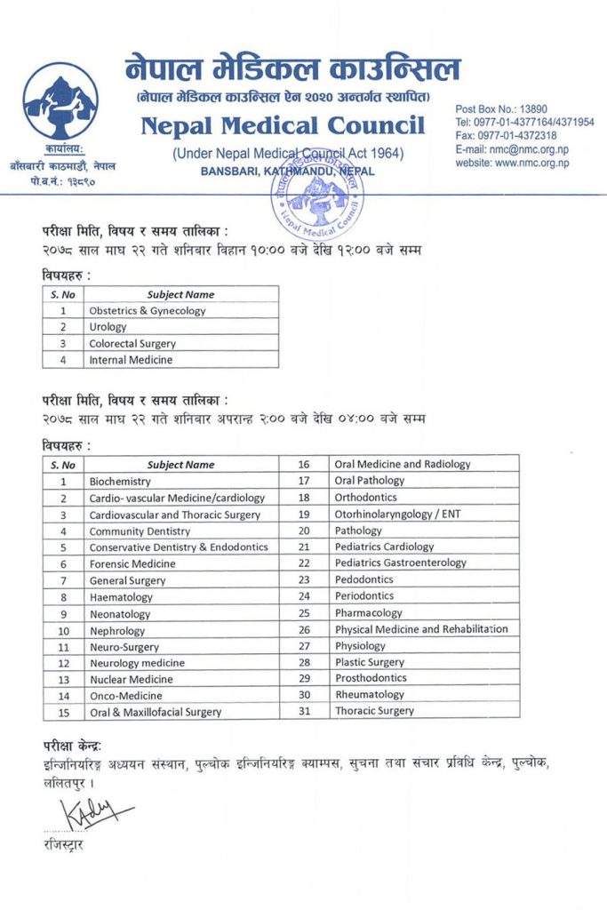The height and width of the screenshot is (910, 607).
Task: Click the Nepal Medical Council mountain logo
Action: pos(60,100)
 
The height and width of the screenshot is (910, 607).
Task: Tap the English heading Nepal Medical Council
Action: pos(283,125)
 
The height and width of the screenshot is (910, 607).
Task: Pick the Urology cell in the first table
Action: pos(108,327)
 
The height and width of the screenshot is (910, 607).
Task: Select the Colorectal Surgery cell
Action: pos(132,343)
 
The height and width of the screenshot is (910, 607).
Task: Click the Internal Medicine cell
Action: pos(131,360)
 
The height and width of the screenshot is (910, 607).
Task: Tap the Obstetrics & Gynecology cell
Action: pos(147,311)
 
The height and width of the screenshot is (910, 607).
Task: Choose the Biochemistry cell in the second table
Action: pos(120,482)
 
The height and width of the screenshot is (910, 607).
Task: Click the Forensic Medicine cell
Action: pos(132,563)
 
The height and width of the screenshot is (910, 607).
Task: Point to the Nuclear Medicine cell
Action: pos(131,679)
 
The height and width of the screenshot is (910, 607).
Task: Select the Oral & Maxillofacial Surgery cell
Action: pos(155,712)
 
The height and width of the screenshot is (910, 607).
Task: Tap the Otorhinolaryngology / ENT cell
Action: pos(397,514)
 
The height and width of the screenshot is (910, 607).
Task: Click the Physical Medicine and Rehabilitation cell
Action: pos(421,629)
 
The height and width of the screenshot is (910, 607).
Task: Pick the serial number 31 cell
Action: pos(303,711)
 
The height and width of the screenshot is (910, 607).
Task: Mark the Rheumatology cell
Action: pos(369,695)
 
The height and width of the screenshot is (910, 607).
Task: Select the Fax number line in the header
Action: pos(506,135)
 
